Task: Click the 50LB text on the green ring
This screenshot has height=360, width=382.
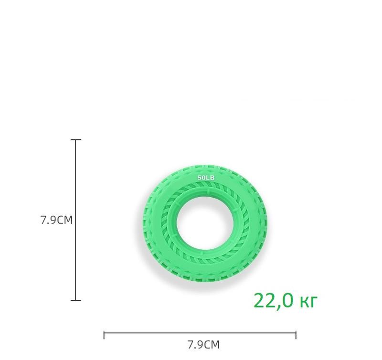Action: tap(206, 178)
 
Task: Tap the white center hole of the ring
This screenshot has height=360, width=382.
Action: tap(205, 223)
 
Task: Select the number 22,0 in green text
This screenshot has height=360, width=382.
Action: tap(273, 301)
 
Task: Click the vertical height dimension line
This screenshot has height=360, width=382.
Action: tap(75, 220)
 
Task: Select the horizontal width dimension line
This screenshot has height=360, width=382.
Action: tap(200, 332)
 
